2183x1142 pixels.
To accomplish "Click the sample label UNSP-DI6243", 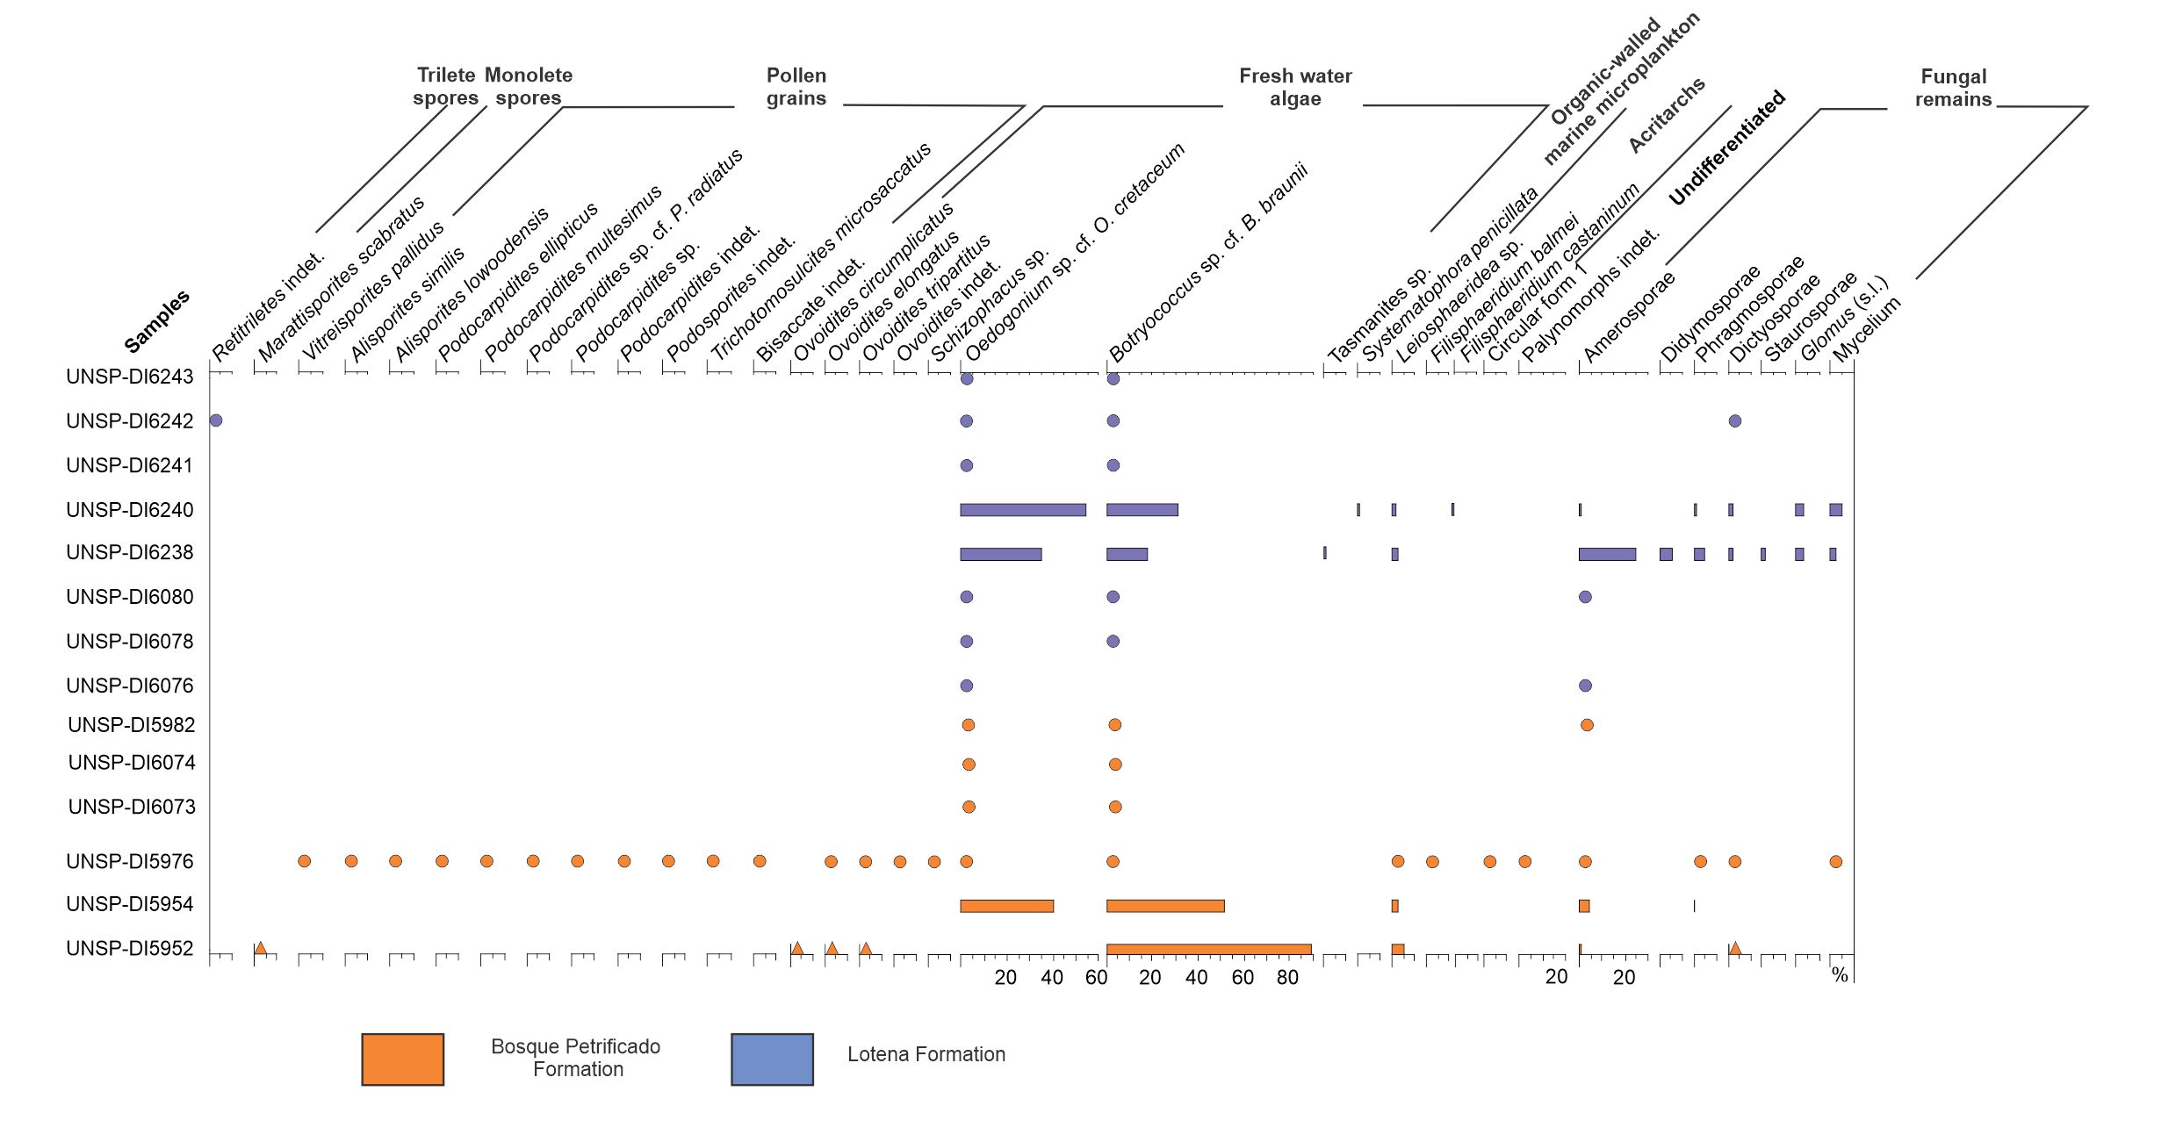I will point(129,377).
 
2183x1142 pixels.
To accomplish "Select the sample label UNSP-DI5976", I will point(129,861).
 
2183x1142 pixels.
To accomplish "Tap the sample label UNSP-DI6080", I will point(129,597).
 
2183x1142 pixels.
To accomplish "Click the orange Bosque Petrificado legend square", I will point(402,1059).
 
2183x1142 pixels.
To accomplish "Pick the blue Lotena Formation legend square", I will point(772,1059).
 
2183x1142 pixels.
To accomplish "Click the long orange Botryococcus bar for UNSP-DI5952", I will point(1208,949).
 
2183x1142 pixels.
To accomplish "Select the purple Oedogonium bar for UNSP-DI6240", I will point(1023,510).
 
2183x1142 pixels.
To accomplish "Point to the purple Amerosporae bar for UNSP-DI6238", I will point(1607,554).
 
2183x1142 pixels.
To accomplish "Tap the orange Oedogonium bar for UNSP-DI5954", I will point(1006,906).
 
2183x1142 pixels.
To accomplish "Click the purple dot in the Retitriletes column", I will point(216,420).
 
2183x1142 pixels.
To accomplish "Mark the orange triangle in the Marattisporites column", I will point(260,948).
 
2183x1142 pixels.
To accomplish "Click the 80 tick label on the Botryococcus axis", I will point(1287,978).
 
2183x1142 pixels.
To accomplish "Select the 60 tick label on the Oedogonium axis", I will point(1096,978).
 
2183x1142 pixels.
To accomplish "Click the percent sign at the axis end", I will point(1840,975).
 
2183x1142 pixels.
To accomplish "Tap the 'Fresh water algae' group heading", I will point(1295,87).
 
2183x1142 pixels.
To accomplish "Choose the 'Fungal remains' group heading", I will point(1953,88).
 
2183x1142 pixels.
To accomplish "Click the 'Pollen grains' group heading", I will point(796,87).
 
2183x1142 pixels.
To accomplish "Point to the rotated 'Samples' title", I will point(156,321).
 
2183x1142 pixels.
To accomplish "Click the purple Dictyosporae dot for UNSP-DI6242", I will point(1734,420).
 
